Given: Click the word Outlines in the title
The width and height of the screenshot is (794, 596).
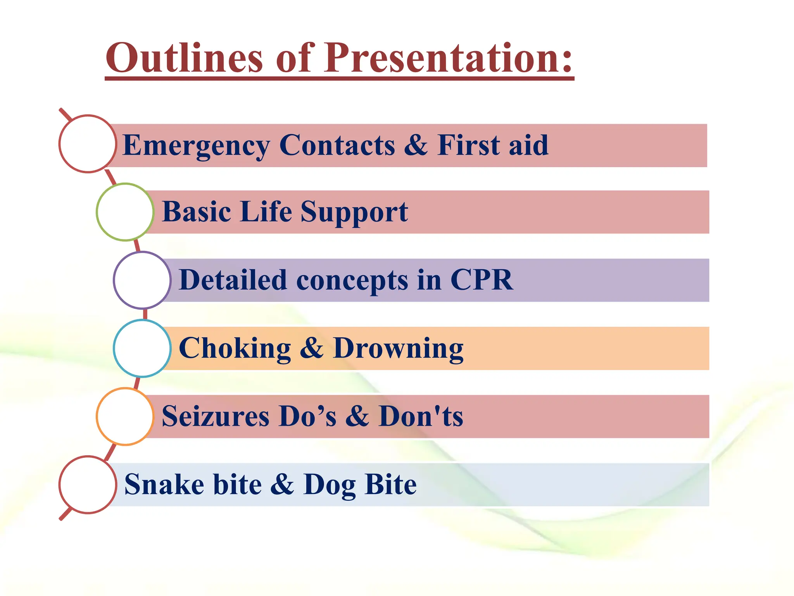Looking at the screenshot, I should click(x=185, y=58).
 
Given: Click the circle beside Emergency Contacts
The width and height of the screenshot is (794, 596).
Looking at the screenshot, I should click(x=88, y=144).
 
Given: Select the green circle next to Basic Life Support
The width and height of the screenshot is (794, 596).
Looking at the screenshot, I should click(x=125, y=212).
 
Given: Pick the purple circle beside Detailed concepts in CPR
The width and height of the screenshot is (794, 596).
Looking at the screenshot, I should click(x=142, y=280).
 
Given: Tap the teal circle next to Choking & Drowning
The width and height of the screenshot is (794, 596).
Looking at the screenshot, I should click(x=142, y=348).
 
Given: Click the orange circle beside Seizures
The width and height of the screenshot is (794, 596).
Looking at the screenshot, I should click(x=125, y=416).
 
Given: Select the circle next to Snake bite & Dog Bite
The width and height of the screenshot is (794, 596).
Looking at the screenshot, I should click(x=88, y=485).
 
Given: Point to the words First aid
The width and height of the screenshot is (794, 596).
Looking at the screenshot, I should click(x=493, y=145).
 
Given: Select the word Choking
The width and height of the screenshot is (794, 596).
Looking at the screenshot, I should click(x=235, y=348).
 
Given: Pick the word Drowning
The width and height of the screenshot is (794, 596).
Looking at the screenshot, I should click(x=398, y=348).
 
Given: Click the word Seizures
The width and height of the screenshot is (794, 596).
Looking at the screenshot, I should click(x=216, y=416).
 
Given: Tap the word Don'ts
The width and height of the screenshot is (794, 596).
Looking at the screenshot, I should click(x=421, y=416).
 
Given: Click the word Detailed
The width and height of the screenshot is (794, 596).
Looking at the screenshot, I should click(x=233, y=280).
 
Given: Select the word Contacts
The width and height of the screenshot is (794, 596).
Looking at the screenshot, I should click(x=337, y=145).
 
